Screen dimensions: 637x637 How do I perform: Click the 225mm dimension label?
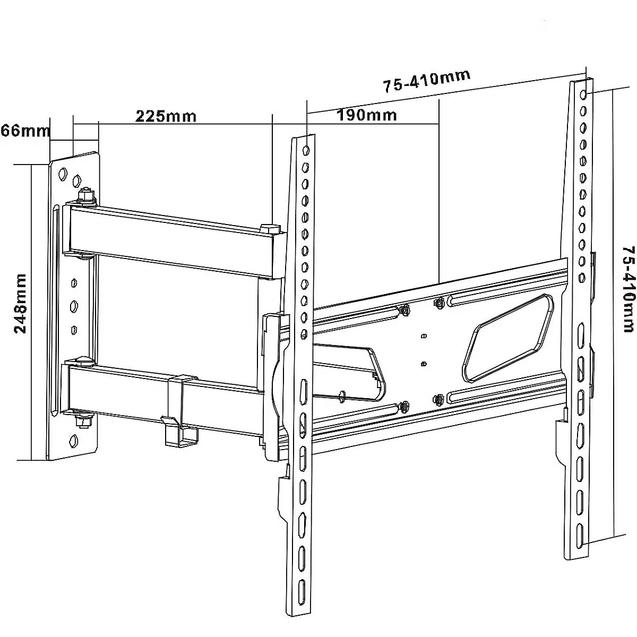pyautogui.click(x=166, y=116)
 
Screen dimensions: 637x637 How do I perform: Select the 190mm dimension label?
pyautogui.click(x=367, y=115)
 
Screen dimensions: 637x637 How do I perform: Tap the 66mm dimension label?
pyautogui.click(x=25, y=131)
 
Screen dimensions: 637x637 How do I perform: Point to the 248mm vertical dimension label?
pyautogui.click(x=20, y=303)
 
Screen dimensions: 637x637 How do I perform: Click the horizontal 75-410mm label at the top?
pyautogui.click(x=426, y=81)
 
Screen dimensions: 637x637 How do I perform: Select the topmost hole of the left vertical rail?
pyautogui.click(x=306, y=150)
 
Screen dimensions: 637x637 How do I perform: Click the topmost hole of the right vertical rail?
pyautogui.click(x=583, y=94)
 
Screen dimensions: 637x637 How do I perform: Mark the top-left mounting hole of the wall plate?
pyautogui.click(x=62, y=174)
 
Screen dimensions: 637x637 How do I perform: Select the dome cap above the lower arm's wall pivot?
pyautogui.click(x=84, y=361)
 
